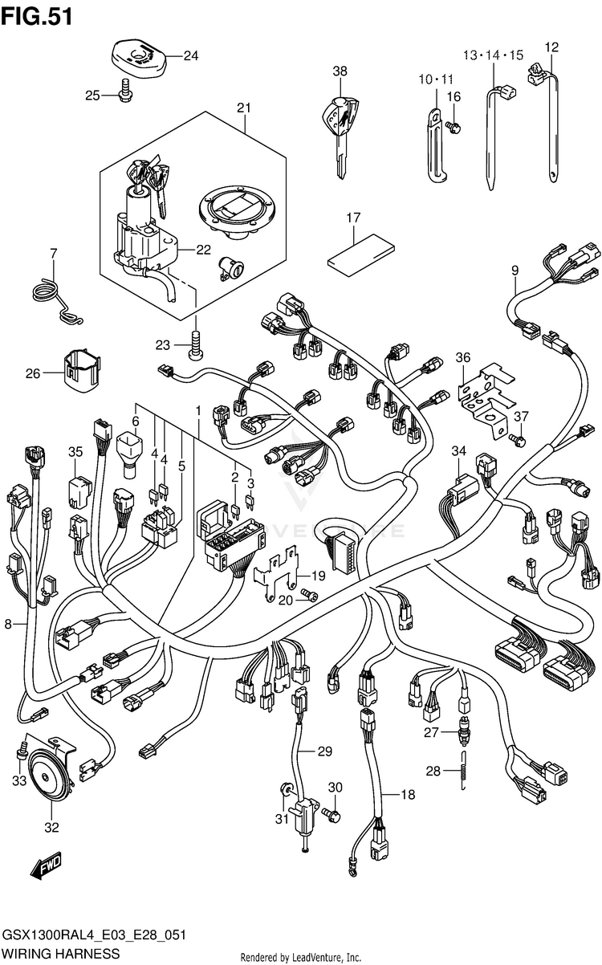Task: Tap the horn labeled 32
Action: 48,780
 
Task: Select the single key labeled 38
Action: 340,131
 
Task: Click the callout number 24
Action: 191,55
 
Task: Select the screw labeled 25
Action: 125,92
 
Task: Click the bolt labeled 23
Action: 195,344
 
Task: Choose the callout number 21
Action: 244,108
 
